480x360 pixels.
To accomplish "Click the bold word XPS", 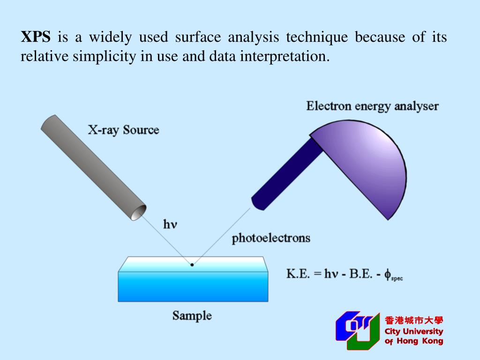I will pos(35,37).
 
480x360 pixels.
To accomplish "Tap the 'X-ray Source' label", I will pos(123,130).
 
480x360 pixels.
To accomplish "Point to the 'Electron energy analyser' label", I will pos(372,106).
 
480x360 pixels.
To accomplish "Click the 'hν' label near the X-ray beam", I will pos(170,225).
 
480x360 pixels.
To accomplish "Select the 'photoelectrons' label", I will pos(271,238).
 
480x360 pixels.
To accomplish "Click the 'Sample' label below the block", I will pos(192,315).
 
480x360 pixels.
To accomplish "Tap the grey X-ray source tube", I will pos(89,164).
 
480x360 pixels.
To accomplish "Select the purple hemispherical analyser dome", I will pos(370,164).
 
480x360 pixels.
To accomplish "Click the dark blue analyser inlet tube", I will pos(286,173).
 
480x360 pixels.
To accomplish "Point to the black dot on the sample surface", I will pos(192,265).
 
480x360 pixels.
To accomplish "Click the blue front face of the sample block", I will pos(193,286).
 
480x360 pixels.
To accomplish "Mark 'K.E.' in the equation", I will pos(298,274).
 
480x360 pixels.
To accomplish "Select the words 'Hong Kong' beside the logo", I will pos(420,341).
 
